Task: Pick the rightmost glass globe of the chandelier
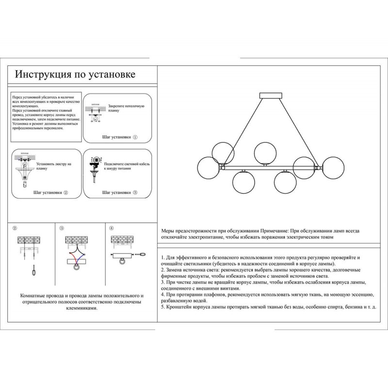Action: pyautogui.click(x=333, y=168)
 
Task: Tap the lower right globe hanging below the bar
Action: pyautogui.click(x=286, y=183)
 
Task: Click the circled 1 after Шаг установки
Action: pyautogui.click(x=135, y=137)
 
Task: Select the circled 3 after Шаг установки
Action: pyautogui.click(x=135, y=193)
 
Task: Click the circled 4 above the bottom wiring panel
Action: pyautogui.click(x=111, y=228)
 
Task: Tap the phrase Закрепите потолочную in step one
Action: pyautogui.click(x=127, y=105)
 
